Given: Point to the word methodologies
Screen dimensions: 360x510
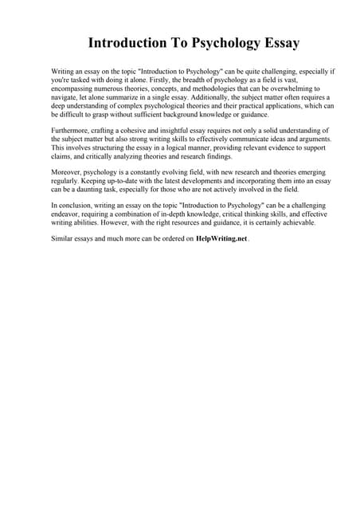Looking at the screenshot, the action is (x=209, y=90).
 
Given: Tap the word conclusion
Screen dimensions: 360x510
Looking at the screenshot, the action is (x=79, y=205).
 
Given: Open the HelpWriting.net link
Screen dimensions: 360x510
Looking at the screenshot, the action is (x=221, y=238).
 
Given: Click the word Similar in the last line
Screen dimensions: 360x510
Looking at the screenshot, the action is (x=64, y=238).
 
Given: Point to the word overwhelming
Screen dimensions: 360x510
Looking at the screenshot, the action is (x=289, y=90).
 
